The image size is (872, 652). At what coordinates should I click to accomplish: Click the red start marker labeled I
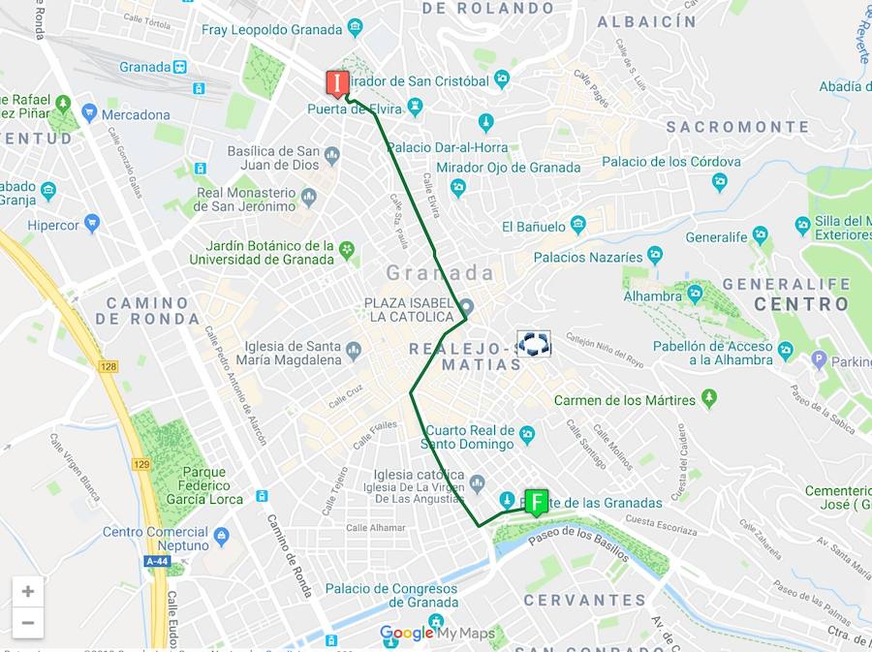click(x=337, y=84)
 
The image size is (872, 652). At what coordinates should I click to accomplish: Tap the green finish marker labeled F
click(x=536, y=501)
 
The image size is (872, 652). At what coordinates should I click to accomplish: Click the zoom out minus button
click(x=28, y=622)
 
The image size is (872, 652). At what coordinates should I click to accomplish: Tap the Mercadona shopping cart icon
click(x=90, y=114)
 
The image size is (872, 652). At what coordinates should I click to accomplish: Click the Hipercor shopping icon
click(x=92, y=224)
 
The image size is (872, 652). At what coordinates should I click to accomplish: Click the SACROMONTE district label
click(x=737, y=127)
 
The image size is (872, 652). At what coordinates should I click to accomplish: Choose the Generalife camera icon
click(x=760, y=235)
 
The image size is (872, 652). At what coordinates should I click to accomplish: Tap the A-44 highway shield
click(x=157, y=561)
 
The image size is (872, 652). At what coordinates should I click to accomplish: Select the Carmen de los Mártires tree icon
click(x=709, y=399)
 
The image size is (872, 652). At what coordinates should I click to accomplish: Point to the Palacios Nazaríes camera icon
click(x=655, y=257)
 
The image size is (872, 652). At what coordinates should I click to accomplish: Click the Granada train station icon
click(x=180, y=67)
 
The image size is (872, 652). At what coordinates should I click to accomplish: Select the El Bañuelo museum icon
click(x=578, y=226)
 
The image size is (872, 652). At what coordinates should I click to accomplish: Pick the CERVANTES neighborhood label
click(x=584, y=601)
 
